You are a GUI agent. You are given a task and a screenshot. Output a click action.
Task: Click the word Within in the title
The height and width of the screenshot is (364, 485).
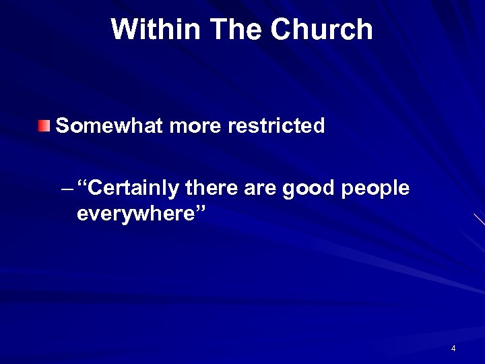(x=156, y=30)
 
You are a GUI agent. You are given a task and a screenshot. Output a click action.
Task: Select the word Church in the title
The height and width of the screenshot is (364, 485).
(x=321, y=30)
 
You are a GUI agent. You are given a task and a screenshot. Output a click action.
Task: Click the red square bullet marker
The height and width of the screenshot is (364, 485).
(x=44, y=125)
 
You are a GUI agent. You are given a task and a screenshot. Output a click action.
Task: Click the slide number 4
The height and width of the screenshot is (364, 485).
(x=453, y=348)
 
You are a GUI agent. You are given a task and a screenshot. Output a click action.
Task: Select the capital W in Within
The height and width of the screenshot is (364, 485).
(x=124, y=30)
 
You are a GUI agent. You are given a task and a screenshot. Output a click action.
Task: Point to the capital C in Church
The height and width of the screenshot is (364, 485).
(x=282, y=30)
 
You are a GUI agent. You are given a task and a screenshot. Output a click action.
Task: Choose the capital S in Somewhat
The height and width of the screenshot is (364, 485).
(x=63, y=125)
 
